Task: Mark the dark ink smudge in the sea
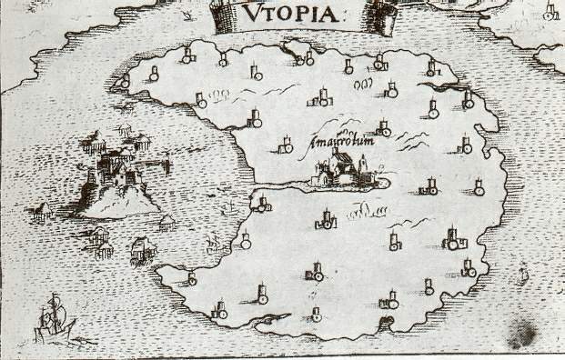point(523,332)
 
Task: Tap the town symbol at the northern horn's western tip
point(125,83)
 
